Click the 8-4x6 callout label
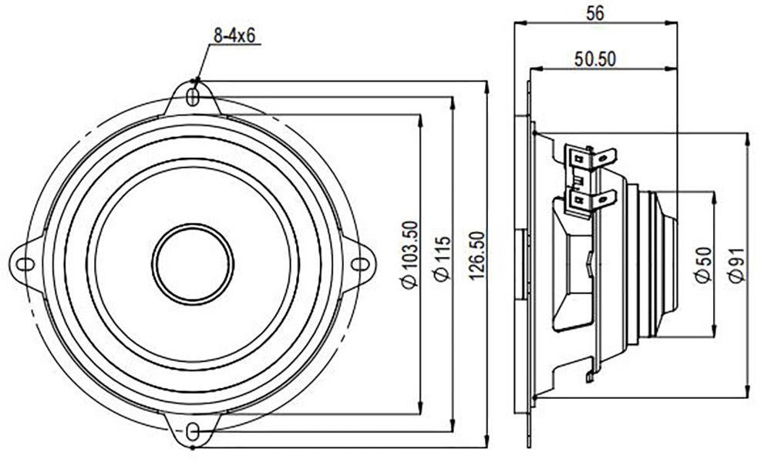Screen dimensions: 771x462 [x=234, y=35]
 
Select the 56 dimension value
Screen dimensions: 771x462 [x=595, y=13]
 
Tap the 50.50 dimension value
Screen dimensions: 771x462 [x=595, y=59]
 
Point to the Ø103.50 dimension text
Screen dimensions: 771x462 [x=409, y=254]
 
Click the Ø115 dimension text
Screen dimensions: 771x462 [x=443, y=259]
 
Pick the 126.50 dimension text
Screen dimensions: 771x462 [x=476, y=256]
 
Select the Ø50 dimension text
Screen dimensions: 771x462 [x=703, y=265]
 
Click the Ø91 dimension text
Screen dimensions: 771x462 [x=737, y=265]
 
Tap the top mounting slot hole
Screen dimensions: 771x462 [x=194, y=97]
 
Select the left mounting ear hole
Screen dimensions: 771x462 [x=25, y=265]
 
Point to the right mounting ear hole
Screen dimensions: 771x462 [x=360, y=264]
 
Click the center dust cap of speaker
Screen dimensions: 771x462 [x=193, y=263]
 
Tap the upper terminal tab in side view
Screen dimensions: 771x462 [x=591, y=157]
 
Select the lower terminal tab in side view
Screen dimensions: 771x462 [x=591, y=200]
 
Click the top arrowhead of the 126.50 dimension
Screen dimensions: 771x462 [x=487, y=87]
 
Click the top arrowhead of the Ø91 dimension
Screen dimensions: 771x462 [x=747, y=139]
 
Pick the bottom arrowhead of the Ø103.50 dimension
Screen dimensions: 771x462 [x=419, y=408]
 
